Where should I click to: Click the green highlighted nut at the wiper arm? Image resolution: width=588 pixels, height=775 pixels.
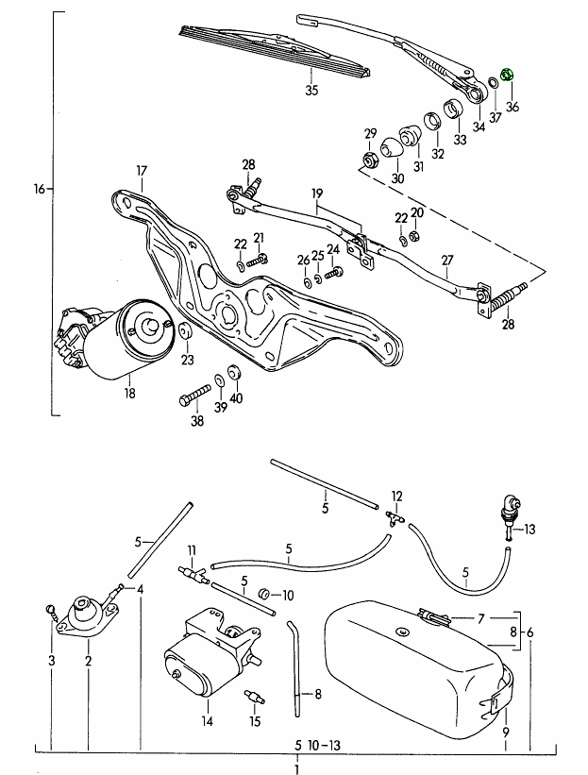(x=506, y=73)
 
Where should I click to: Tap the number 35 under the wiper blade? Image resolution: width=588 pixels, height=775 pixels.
(x=311, y=91)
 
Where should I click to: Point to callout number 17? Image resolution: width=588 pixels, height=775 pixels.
(x=142, y=171)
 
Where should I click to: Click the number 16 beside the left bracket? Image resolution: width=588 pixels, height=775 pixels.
(x=39, y=189)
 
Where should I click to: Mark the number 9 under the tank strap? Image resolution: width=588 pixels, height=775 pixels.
(x=506, y=732)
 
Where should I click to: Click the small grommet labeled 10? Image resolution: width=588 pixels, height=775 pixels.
(x=265, y=595)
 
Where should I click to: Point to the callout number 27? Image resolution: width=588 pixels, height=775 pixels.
(x=447, y=261)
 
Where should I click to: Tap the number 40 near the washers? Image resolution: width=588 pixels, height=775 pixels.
(x=235, y=397)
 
